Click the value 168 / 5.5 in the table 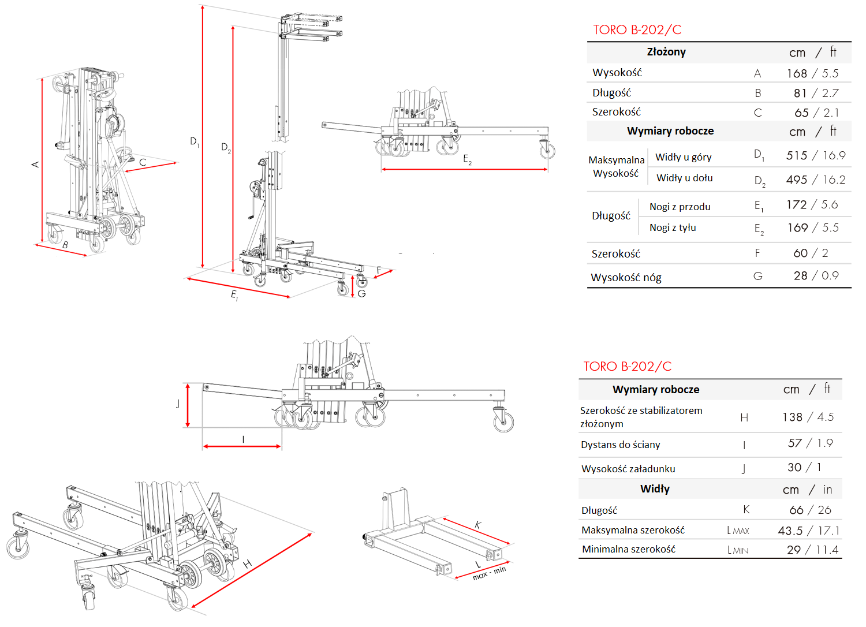click(x=812, y=73)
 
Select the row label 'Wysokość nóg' click(x=626, y=278)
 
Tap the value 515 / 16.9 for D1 click(x=815, y=155)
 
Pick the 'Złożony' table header click(x=666, y=52)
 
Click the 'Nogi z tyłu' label click(x=673, y=227)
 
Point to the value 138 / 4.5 click(x=808, y=417)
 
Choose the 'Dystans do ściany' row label click(x=621, y=445)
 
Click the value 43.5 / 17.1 click(x=808, y=531)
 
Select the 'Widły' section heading click(x=655, y=489)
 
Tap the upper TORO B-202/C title click(x=637, y=30)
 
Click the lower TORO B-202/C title click(x=627, y=367)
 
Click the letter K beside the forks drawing click(x=478, y=525)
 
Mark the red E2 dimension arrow click(x=464, y=170)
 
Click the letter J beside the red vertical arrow click(x=178, y=404)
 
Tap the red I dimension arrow click(x=242, y=446)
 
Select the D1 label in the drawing click(x=195, y=141)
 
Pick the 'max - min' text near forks click(x=489, y=573)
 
